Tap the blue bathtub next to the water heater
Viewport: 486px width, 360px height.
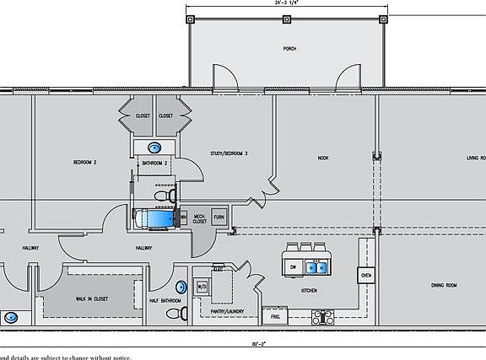point(156,219)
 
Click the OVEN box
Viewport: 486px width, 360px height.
point(365,276)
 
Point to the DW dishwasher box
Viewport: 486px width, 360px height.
point(293,267)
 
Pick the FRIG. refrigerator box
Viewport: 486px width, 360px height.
point(275,316)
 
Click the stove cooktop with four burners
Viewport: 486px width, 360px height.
point(324,317)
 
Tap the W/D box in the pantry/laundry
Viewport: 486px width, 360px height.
point(202,287)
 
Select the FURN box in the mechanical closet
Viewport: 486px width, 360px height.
point(219,218)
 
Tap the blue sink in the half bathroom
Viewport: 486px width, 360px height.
point(181,284)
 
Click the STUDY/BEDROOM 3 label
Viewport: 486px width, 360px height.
point(229,153)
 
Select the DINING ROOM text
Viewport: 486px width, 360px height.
point(440,286)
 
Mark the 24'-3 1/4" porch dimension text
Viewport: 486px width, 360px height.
point(286,3)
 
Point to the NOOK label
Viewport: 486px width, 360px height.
point(323,158)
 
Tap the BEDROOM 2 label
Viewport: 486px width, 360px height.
point(84,161)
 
